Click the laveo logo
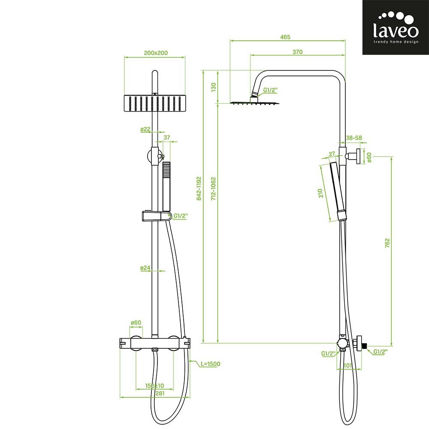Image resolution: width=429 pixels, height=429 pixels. click(x=396, y=27)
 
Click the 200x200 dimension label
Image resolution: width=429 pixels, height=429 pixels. click(x=156, y=53)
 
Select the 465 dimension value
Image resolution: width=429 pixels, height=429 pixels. click(x=285, y=37)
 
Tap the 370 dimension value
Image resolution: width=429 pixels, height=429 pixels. click(x=297, y=52)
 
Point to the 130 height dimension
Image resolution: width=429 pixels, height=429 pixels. click(x=214, y=87)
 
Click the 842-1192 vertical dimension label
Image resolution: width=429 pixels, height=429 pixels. click(x=199, y=188)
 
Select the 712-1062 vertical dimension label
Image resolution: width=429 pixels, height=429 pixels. click(x=213, y=188)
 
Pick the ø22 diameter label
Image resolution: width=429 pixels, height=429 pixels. click(x=145, y=129)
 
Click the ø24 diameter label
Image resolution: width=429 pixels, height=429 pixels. click(x=145, y=268)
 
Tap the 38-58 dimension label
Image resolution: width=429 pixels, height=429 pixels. click(x=354, y=138)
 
